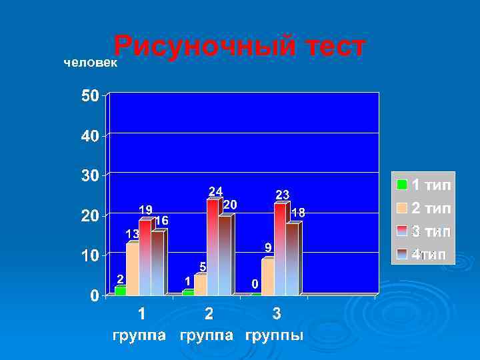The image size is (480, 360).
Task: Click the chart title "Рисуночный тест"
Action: (239, 47)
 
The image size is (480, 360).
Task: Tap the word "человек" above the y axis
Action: (90, 63)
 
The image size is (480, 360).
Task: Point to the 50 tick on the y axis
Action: (91, 96)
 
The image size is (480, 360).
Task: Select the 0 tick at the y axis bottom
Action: (95, 295)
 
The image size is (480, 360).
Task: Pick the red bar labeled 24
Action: (213, 247)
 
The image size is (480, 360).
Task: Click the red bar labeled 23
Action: (280, 249)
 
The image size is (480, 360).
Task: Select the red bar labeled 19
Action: (145, 257)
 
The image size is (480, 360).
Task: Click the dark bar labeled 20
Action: (225, 255)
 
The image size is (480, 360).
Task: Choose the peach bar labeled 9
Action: (267, 277)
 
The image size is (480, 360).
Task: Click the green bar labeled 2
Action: (121, 291)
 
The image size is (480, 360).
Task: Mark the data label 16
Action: (161, 220)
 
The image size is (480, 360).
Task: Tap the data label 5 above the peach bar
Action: (203, 267)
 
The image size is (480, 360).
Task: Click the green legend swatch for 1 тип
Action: (402, 185)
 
